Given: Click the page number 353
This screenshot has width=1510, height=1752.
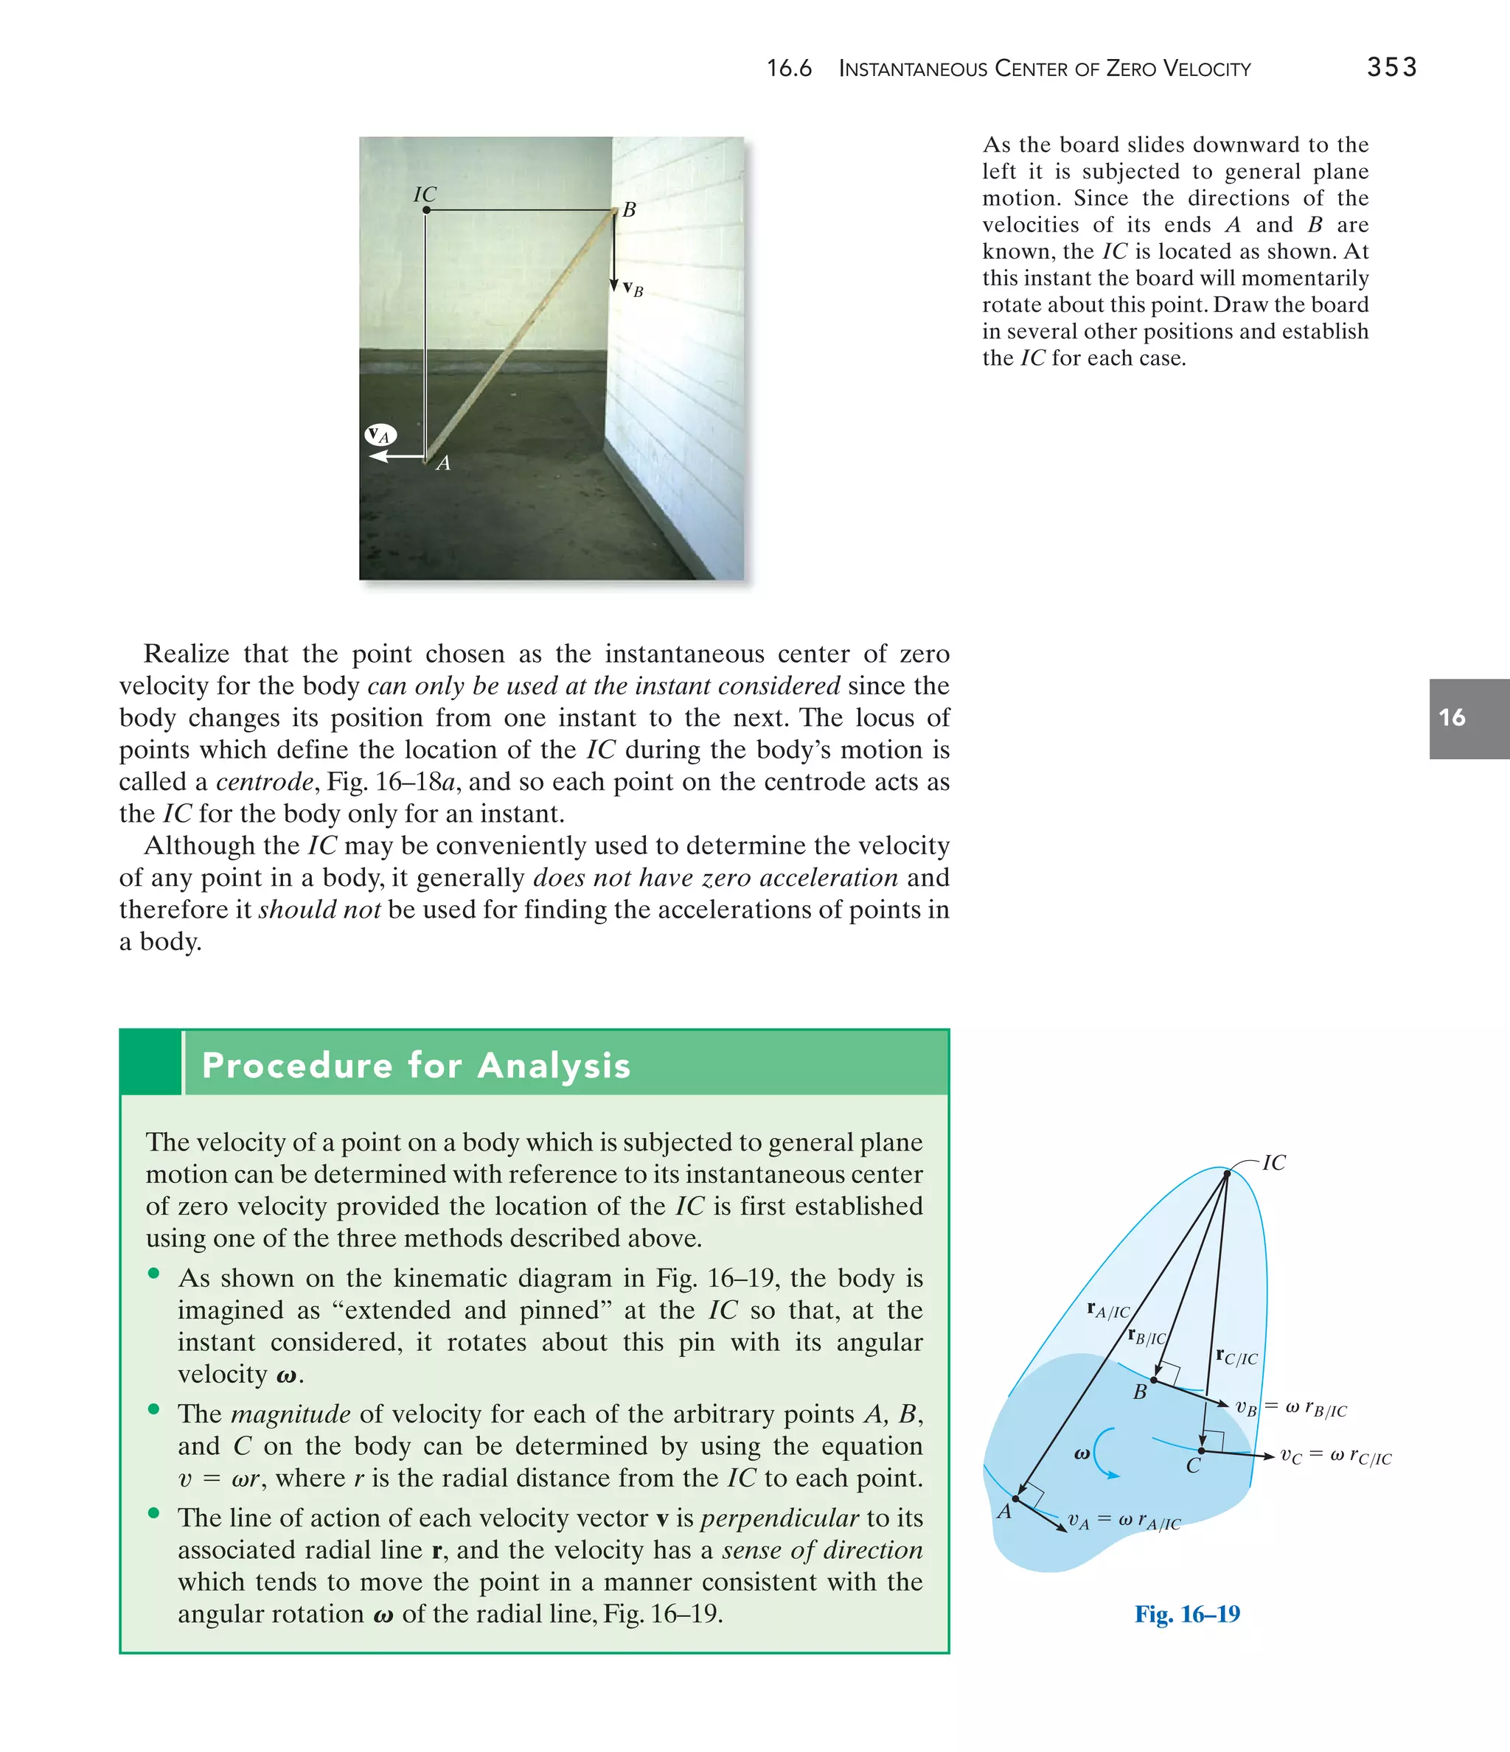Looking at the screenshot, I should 1391,67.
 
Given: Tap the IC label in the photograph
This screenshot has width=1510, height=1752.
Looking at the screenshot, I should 425,195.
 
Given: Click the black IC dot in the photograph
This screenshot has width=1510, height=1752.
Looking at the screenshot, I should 426,210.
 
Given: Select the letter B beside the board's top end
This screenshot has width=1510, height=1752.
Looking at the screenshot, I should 628,210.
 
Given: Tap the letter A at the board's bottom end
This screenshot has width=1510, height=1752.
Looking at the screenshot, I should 443,464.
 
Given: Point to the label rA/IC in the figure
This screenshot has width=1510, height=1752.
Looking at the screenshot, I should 1108,1310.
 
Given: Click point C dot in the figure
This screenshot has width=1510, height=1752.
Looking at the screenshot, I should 1201,1451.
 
